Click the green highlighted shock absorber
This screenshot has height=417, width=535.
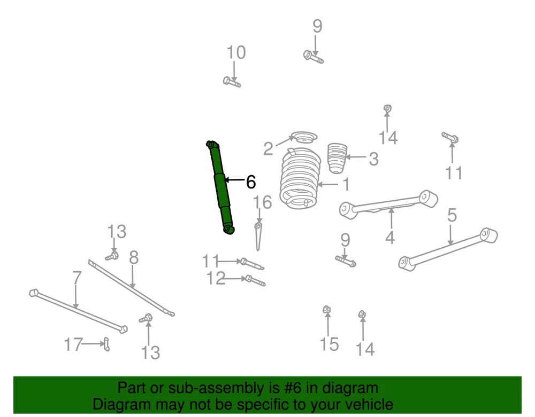[220, 187]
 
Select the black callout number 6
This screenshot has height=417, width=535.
[251, 182]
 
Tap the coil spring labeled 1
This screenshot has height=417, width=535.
[300, 179]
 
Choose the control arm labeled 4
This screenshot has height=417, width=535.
[388, 204]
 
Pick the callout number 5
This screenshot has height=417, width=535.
[452, 216]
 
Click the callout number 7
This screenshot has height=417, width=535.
[77, 278]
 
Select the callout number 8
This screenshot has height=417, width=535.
[134, 258]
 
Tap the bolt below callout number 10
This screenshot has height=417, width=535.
[232, 82]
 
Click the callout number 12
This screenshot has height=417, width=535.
[216, 279]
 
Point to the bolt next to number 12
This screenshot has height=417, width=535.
[255, 281]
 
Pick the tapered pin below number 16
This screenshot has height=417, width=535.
[258, 237]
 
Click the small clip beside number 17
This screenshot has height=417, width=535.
[106, 344]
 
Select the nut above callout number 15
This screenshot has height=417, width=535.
[326, 310]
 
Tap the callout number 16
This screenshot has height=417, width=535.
[262, 202]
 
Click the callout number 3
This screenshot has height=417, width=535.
[373, 159]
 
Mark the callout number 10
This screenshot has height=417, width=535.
[236, 52]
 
